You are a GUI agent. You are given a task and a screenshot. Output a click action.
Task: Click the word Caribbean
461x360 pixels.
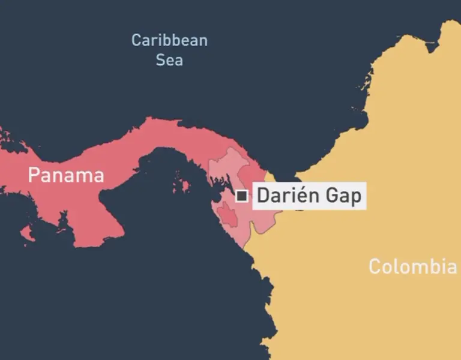(x=169, y=41)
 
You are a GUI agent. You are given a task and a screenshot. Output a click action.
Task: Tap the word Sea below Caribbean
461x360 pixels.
(x=169, y=60)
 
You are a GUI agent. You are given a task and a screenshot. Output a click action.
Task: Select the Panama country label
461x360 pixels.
(x=66, y=176)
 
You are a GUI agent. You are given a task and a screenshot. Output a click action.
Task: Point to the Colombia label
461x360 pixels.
(x=412, y=266)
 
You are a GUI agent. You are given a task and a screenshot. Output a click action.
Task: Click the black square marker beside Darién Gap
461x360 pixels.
(x=242, y=196)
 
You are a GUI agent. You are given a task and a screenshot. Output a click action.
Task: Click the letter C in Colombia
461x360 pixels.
(x=375, y=266)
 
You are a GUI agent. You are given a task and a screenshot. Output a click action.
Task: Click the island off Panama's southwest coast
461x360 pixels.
(x=26, y=232)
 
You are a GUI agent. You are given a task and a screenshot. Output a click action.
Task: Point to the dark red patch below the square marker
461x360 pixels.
(x=226, y=214)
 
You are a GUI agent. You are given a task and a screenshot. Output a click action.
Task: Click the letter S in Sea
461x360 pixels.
(x=160, y=60)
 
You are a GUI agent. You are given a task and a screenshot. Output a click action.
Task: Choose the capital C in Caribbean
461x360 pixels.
(x=136, y=41)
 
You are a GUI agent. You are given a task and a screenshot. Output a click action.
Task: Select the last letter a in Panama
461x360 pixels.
(x=98, y=176)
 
